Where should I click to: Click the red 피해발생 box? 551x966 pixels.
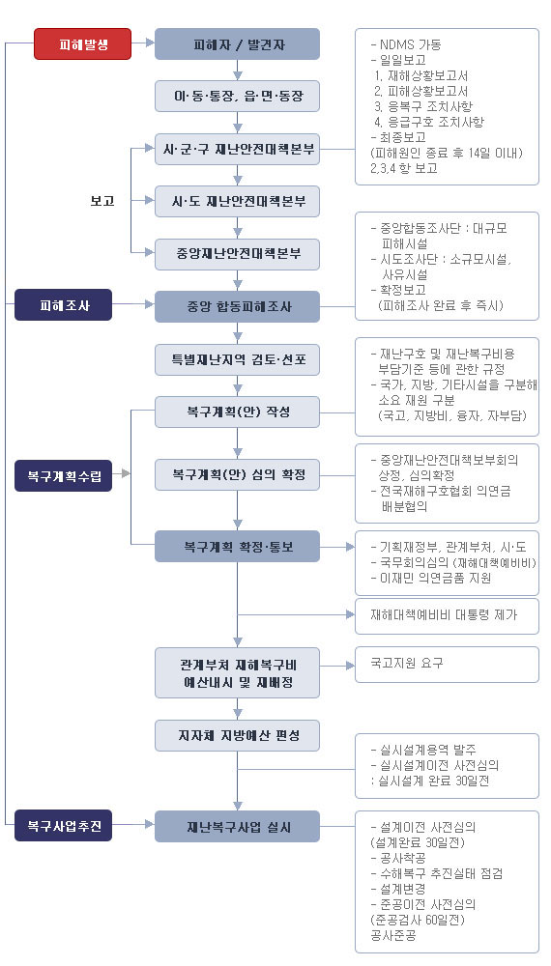[82, 43]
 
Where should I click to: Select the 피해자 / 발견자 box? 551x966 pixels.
[237, 43]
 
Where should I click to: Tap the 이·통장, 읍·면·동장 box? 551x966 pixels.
[237, 96]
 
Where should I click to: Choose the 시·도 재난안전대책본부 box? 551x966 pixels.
[237, 201]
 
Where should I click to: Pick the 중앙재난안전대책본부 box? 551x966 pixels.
[237, 254]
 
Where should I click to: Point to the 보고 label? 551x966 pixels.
[102, 201]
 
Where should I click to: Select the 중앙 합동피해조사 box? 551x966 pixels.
[237, 307]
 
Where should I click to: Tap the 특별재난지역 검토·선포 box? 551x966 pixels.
[237, 359]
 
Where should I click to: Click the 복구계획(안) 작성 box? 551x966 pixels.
[237, 412]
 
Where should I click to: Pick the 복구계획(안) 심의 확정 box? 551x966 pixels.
[237, 474]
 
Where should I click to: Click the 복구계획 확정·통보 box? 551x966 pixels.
[237, 546]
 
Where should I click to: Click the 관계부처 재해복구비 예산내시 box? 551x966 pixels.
[237, 673]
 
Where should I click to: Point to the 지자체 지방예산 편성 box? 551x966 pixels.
[237, 735]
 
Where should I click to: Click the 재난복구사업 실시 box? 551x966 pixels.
[237, 827]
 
